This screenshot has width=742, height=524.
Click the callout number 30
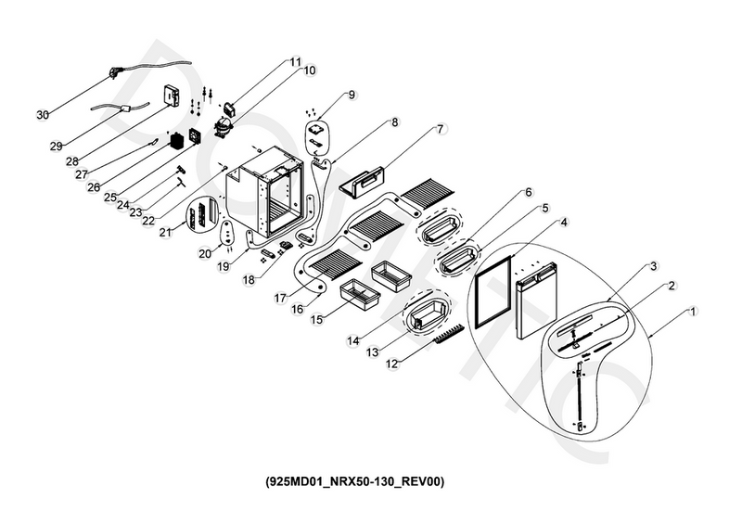[42, 115]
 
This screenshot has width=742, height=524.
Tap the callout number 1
[694, 310]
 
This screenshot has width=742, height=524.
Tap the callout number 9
[352, 95]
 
